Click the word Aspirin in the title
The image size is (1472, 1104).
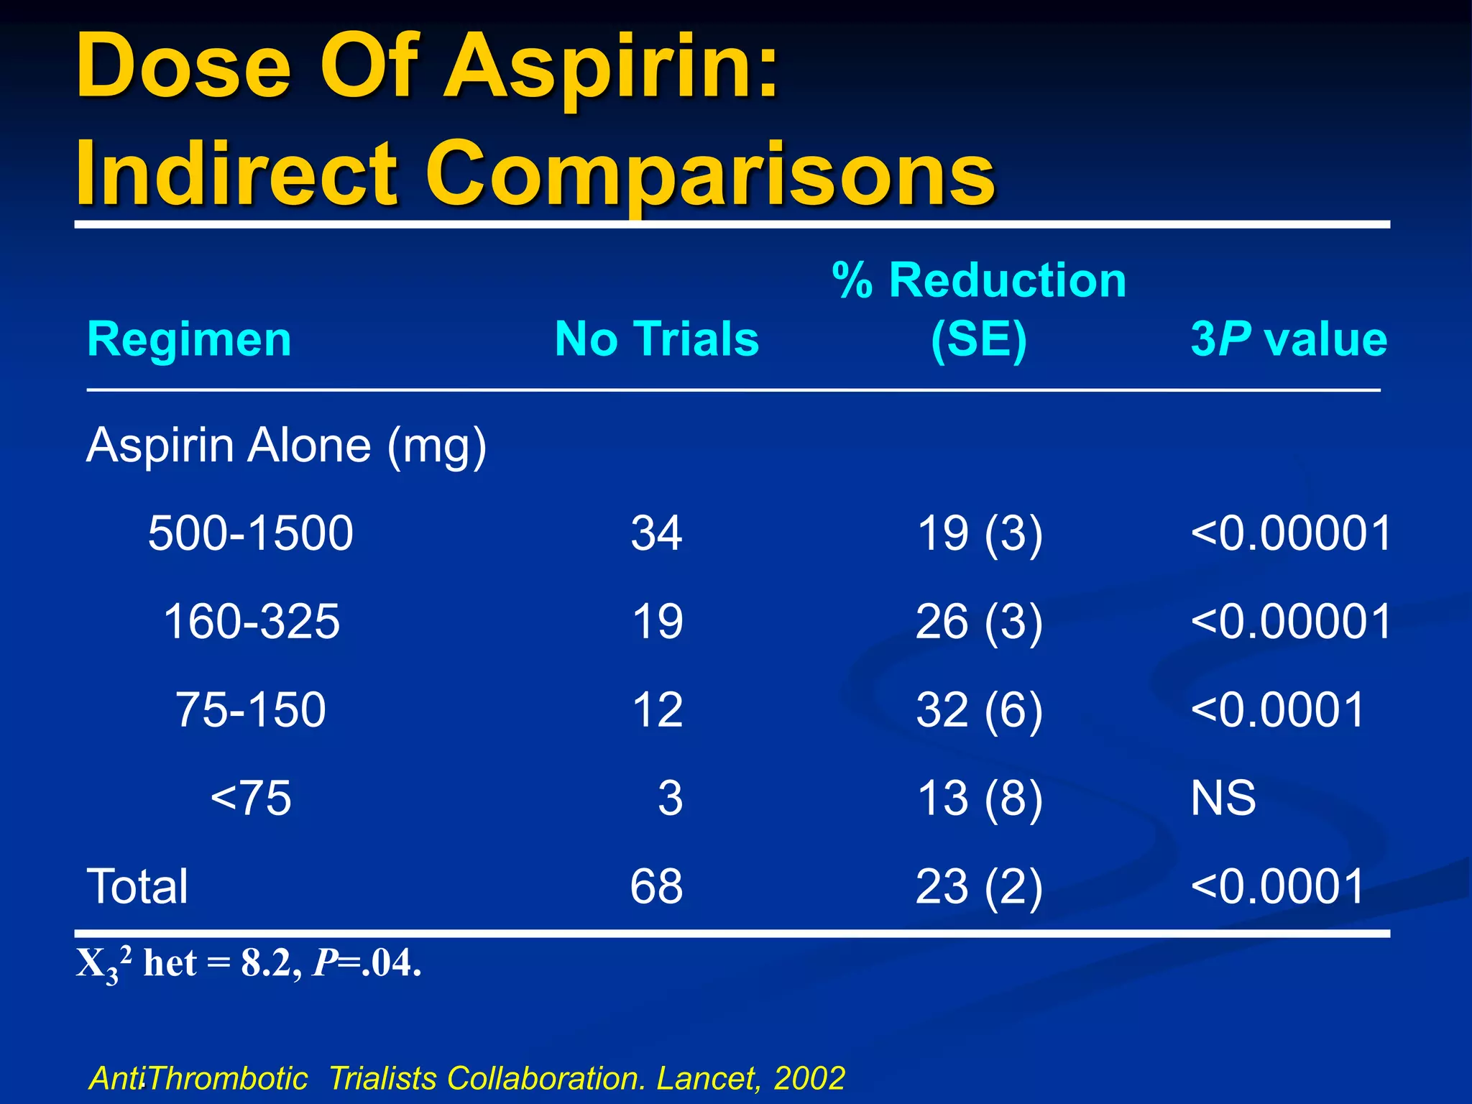[x=611, y=68]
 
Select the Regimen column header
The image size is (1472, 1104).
[x=189, y=339]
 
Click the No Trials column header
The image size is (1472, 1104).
[x=656, y=339]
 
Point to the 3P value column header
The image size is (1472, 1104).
[x=1288, y=339]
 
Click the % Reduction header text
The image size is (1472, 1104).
[x=979, y=280]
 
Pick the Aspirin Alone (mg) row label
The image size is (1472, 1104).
[x=286, y=446]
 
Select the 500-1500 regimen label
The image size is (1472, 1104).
[x=250, y=533]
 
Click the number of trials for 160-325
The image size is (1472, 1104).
[x=657, y=622]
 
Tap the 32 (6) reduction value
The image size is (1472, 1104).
[x=979, y=710]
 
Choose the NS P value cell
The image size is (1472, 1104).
[x=1223, y=798]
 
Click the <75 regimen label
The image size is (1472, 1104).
[x=250, y=798]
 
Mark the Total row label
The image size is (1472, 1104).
[x=137, y=886]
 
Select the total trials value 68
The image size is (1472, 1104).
[x=656, y=886]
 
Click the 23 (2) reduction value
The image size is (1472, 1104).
[x=979, y=886]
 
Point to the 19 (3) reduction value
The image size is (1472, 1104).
[x=979, y=533]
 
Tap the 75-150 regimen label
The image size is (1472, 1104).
[x=250, y=710]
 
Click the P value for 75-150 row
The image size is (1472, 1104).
[x=1277, y=710]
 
